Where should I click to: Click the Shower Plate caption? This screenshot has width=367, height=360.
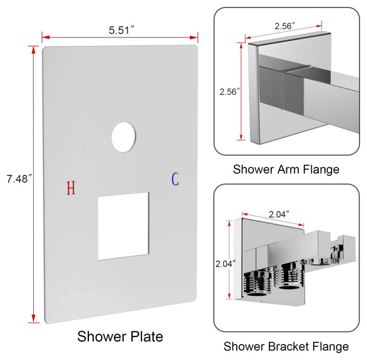[x=120, y=336]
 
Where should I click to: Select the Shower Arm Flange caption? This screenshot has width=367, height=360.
[x=286, y=169]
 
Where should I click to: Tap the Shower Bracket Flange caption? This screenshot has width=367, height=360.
[x=286, y=346]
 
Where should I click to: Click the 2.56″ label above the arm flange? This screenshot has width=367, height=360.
[x=284, y=26]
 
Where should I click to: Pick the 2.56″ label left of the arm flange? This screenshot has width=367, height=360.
[x=229, y=92]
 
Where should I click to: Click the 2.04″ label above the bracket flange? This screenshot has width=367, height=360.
[x=279, y=214]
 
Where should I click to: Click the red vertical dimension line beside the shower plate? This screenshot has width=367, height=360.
[x=34, y=183]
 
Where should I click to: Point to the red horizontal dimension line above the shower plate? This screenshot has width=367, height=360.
[x=120, y=38]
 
